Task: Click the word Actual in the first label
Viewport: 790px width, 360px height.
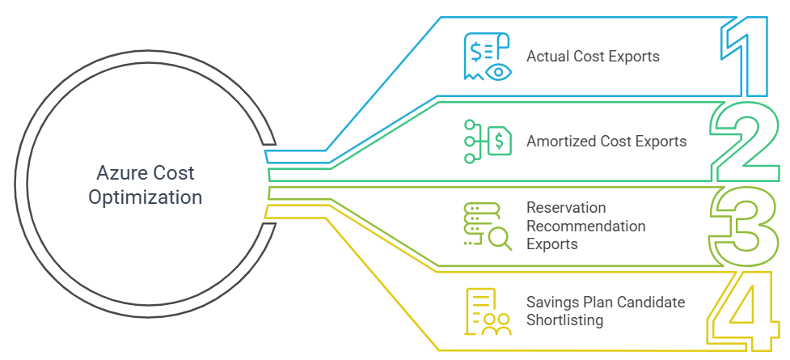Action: [545, 57]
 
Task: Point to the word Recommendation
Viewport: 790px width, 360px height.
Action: [586, 227]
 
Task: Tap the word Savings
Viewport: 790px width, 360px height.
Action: [550, 303]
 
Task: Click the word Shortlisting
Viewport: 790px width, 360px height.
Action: [564, 320]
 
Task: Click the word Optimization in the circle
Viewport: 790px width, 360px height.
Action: [146, 197]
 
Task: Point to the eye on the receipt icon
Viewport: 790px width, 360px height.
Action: [500, 71]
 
